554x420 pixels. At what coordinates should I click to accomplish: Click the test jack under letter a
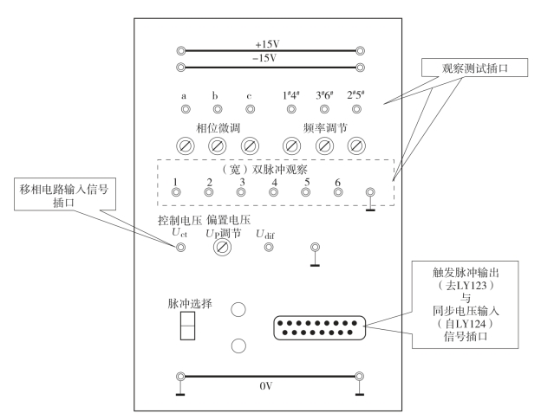coord(184,110)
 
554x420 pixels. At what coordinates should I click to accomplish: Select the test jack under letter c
coord(250,110)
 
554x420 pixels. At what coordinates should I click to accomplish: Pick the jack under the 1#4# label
coord(290,110)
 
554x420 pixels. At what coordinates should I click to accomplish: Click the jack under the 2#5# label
coord(355,110)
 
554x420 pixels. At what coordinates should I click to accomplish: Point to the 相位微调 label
coord(217,126)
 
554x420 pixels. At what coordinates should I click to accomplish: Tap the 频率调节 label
coord(323,126)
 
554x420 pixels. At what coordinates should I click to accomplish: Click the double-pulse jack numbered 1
coord(176,194)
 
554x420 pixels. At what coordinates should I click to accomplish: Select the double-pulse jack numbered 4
coord(273,194)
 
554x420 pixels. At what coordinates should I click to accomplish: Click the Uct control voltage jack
coord(180,248)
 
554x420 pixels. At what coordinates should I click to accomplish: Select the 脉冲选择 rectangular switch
coord(186,326)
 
